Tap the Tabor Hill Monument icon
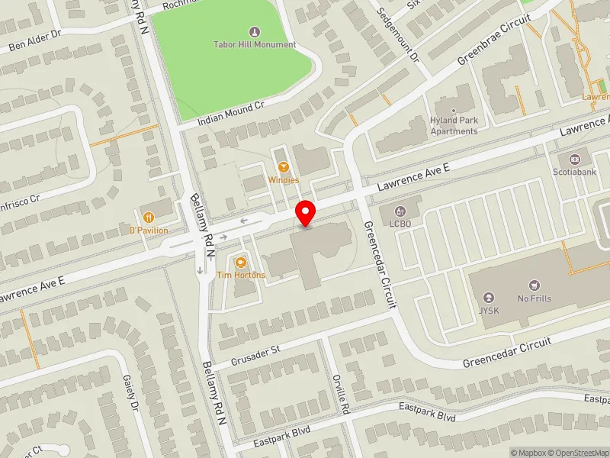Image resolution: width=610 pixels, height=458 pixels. click(x=254, y=32)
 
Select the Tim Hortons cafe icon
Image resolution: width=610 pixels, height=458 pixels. click(x=241, y=262)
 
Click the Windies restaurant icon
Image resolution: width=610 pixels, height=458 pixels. click(x=284, y=167)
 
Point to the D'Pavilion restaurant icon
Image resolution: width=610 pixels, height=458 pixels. click(x=148, y=217)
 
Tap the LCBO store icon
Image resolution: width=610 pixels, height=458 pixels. click(x=400, y=211)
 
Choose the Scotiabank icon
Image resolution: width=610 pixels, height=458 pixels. click(x=573, y=160)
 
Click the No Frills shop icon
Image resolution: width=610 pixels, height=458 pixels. click(x=533, y=284)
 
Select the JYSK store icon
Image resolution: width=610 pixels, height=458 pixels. click(x=489, y=298)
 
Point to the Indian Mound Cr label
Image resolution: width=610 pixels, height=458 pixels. click(x=230, y=112)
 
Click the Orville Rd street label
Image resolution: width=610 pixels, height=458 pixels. click(x=341, y=394)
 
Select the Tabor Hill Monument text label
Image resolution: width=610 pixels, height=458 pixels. click(x=254, y=45)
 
